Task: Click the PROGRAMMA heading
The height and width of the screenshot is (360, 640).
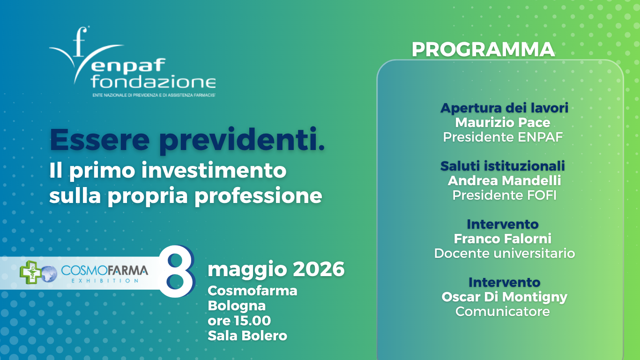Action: click(483, 50)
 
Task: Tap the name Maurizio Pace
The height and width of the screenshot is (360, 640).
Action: click(503, 123)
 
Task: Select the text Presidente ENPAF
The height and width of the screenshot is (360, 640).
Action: click(503, 137)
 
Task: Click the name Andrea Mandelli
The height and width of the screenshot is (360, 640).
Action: click(504, 181)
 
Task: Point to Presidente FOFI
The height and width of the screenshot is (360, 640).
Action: click(504, 195)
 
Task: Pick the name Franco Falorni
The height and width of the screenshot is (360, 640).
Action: click(503, 239)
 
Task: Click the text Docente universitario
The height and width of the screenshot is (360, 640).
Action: click(504, 253)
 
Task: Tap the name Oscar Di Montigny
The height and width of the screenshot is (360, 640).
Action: click(504, 297)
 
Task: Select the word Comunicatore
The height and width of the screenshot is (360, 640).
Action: click(503, 311)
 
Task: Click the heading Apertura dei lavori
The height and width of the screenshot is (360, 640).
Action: click(504, 108)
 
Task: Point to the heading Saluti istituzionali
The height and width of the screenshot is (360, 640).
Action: click(503, 166)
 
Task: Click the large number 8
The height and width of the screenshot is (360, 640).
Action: click(177, 271)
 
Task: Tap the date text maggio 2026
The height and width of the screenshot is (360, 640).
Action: click(276, 269)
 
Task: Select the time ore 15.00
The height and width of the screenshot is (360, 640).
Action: click(239, 321)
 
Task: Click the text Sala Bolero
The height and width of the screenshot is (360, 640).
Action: click(247, 336)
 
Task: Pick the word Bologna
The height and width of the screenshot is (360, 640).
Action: click(237, 306)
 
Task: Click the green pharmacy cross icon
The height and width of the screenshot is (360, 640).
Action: click(30, 272)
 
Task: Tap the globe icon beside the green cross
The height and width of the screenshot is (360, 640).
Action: click(49, 274)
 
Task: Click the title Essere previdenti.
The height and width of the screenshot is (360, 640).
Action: click(187, 140)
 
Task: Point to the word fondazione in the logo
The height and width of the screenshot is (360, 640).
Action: click(153, 82)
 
